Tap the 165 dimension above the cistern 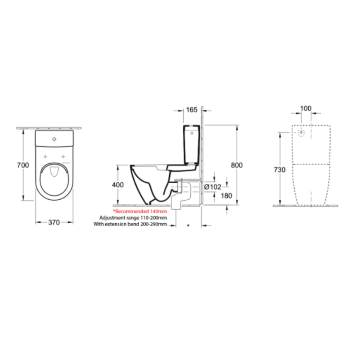point(192,109)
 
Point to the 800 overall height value point(237,165)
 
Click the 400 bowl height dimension point(117,185)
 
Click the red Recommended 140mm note point(140,211)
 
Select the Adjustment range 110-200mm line point(130,217)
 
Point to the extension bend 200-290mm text point(130,224)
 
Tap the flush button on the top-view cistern point(54,139)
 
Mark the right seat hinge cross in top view point(63,157)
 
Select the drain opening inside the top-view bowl point(54,172)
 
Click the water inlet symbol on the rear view point(301,132)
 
